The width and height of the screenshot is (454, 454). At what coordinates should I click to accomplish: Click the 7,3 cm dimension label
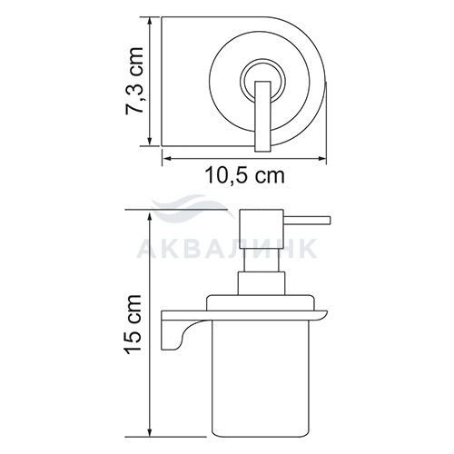[134, 81]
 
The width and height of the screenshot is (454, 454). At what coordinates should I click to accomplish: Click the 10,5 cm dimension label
[245, 175]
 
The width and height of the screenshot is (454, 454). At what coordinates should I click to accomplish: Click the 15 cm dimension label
[133, 324]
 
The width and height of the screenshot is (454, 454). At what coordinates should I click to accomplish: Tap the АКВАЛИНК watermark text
[227, 248]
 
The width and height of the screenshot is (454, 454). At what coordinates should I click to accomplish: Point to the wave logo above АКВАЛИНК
[193, 207]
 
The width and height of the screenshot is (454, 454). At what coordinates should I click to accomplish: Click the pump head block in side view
[262, 229]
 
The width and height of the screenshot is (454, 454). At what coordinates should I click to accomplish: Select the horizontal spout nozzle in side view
[307, 221]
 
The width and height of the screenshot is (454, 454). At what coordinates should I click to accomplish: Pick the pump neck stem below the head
[262, 260]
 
